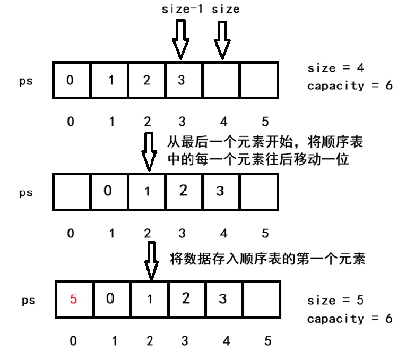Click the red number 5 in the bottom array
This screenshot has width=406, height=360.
pyautogui.click(x=74, y=299)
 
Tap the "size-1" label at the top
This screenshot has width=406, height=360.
pyautogui.click(x=182, y=9)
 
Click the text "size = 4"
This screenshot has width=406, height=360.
pyautogui.click(x=335, y=68)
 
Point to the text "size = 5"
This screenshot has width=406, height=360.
pyautogui.click(x=335, y=301)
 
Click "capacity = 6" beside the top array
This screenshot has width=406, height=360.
pyautogui.click(x=350, y=85)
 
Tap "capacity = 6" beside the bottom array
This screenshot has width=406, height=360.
pyautogui.click(x=350, y=319)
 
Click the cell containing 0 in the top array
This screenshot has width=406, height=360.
pyautogui.click(x=71, y=80)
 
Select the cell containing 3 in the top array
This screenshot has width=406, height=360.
pyautogui.click(x=182, y=80)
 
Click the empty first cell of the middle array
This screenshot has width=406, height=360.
pyautogui.click(x=71, y=192)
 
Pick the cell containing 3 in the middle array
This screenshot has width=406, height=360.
pyautogui.click(x=220, y=192)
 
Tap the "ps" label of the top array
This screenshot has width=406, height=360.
pyautogui.click(x=26, y=81)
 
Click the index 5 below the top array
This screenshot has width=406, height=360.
pyautogui.click(x=264, y=122)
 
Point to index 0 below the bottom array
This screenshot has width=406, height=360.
pyautogui.click(x=73, y=341)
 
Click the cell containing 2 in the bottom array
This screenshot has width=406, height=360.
pyautogui.click(x=185, y=299)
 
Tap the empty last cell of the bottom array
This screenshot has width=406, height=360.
pyautogui.click(x=261, y=299)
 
